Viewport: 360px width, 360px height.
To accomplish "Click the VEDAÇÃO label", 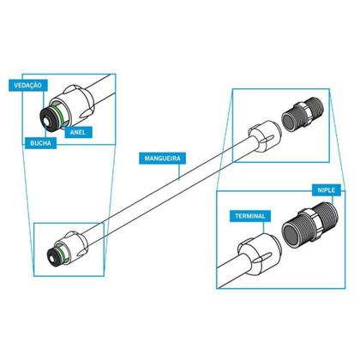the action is pos(27,86).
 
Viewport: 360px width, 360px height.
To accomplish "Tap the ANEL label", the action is pos(78,132).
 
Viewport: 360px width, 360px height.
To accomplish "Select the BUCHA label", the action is pos(40,143).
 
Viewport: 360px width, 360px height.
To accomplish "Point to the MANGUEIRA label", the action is pos(162,159).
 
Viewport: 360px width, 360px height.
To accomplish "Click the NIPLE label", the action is pos(326,190).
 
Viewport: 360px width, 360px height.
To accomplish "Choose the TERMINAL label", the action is pos(250,216).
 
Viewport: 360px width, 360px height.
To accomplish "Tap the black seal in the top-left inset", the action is pos(46,120).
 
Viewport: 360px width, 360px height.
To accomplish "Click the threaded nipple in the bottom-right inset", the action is pos(310,225).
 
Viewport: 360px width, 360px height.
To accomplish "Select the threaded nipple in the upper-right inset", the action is pos(303,115).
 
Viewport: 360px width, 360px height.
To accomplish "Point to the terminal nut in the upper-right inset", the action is pos(264,135).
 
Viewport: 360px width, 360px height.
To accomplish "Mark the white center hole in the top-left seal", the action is pos(47,122).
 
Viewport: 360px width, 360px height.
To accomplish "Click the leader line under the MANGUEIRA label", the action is pos(179,171).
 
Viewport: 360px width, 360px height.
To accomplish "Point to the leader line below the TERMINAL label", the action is pos(264,227).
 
